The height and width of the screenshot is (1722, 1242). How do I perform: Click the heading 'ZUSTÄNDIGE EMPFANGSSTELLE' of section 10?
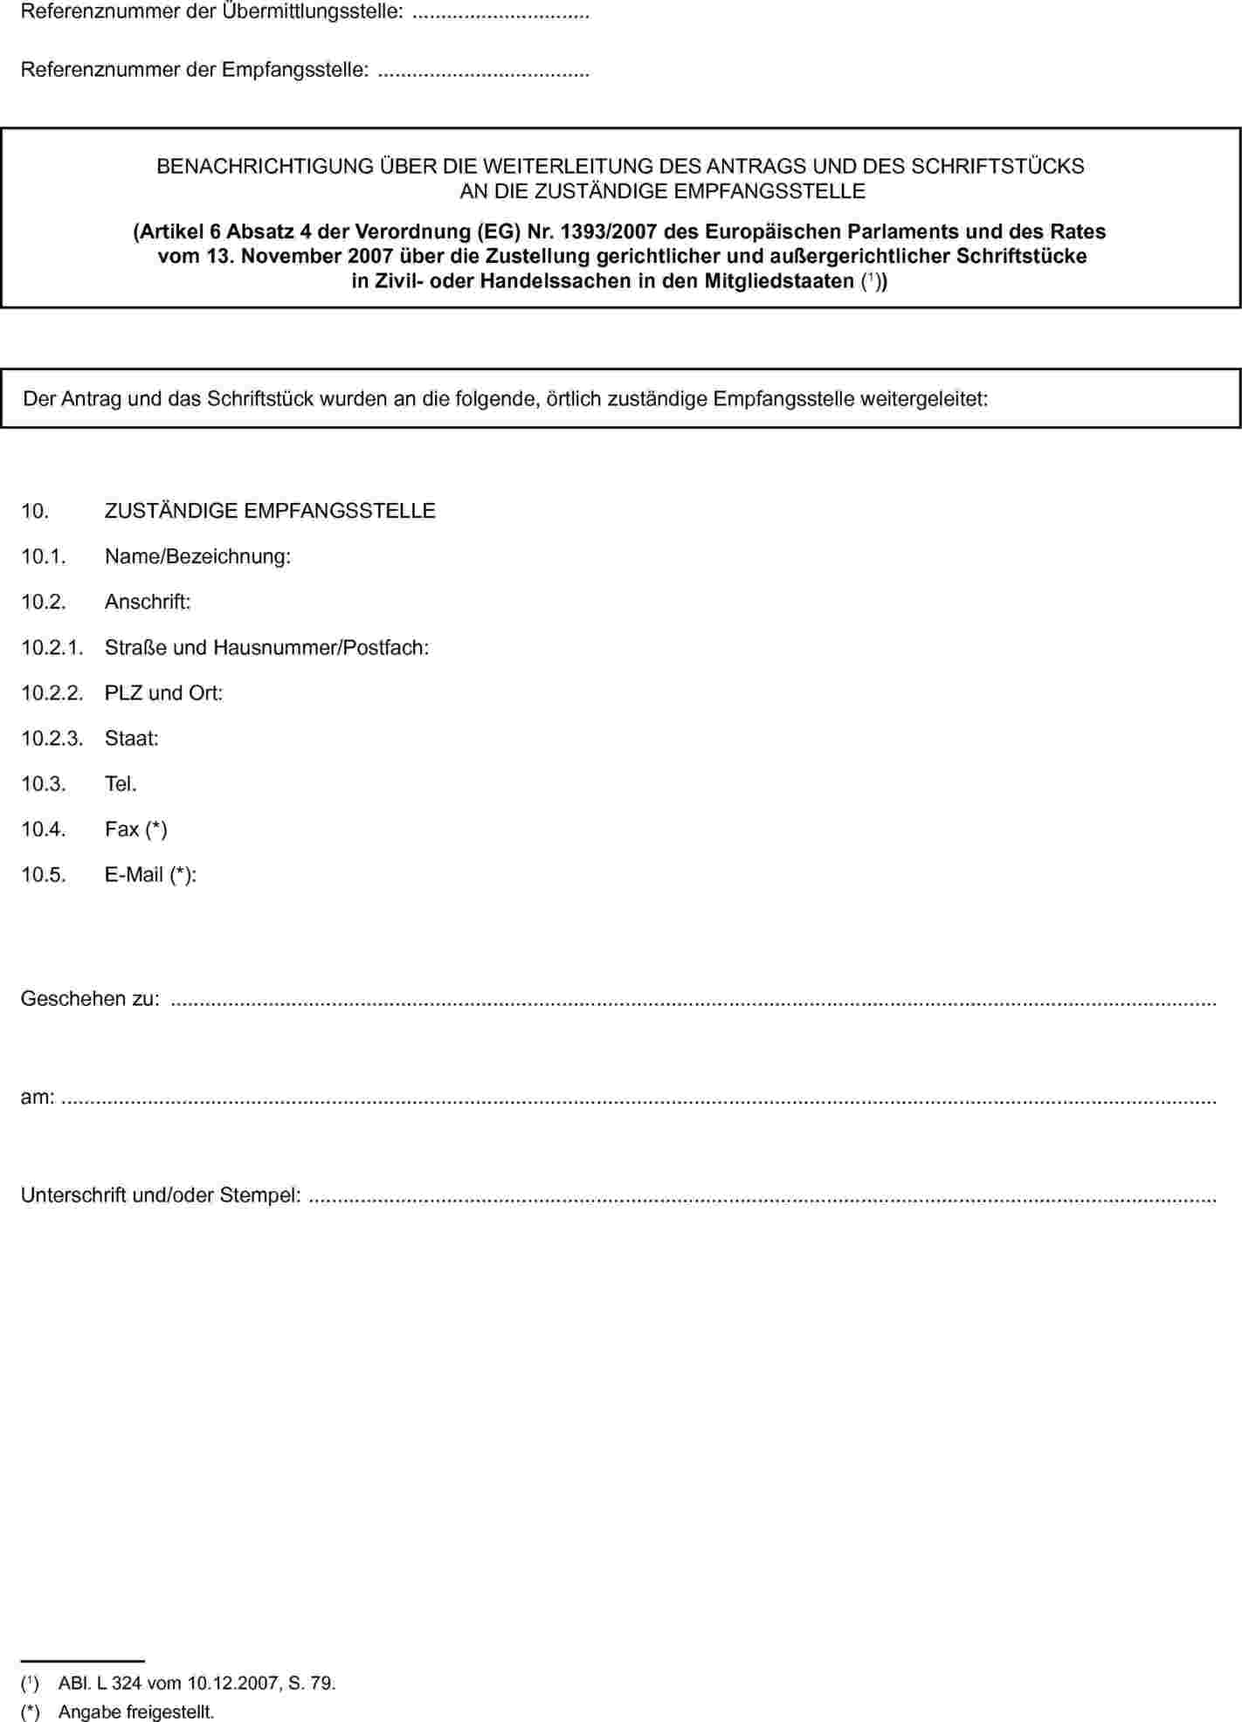(x=270, y=511)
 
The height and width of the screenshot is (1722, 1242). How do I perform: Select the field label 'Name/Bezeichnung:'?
(x=197, y=556)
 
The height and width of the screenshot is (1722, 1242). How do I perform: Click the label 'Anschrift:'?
(x=148, y=602)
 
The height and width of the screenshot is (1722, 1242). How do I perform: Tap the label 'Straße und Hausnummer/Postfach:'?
(x=266, y=647)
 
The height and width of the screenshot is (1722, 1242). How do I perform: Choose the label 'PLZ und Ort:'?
(x=163, y=692)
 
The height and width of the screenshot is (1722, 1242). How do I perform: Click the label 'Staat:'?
(x=131, y=738)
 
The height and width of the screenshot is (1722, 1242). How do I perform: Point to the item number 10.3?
(x=44, y=783)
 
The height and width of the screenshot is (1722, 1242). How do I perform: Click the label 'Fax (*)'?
(x=135, y=829)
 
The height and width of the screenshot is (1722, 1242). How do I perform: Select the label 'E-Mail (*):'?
(x=150, y=874)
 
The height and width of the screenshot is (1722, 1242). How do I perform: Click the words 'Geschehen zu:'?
(x=90, y=998)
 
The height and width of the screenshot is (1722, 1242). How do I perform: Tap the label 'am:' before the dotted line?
(x=38, y=1096)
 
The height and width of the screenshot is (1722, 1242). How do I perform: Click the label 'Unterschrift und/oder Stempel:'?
(x=161, y=1194)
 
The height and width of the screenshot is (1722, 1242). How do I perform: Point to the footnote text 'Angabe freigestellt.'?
(x=135, y=1712)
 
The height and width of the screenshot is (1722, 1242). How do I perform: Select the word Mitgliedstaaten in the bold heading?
(x=779, y=281)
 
